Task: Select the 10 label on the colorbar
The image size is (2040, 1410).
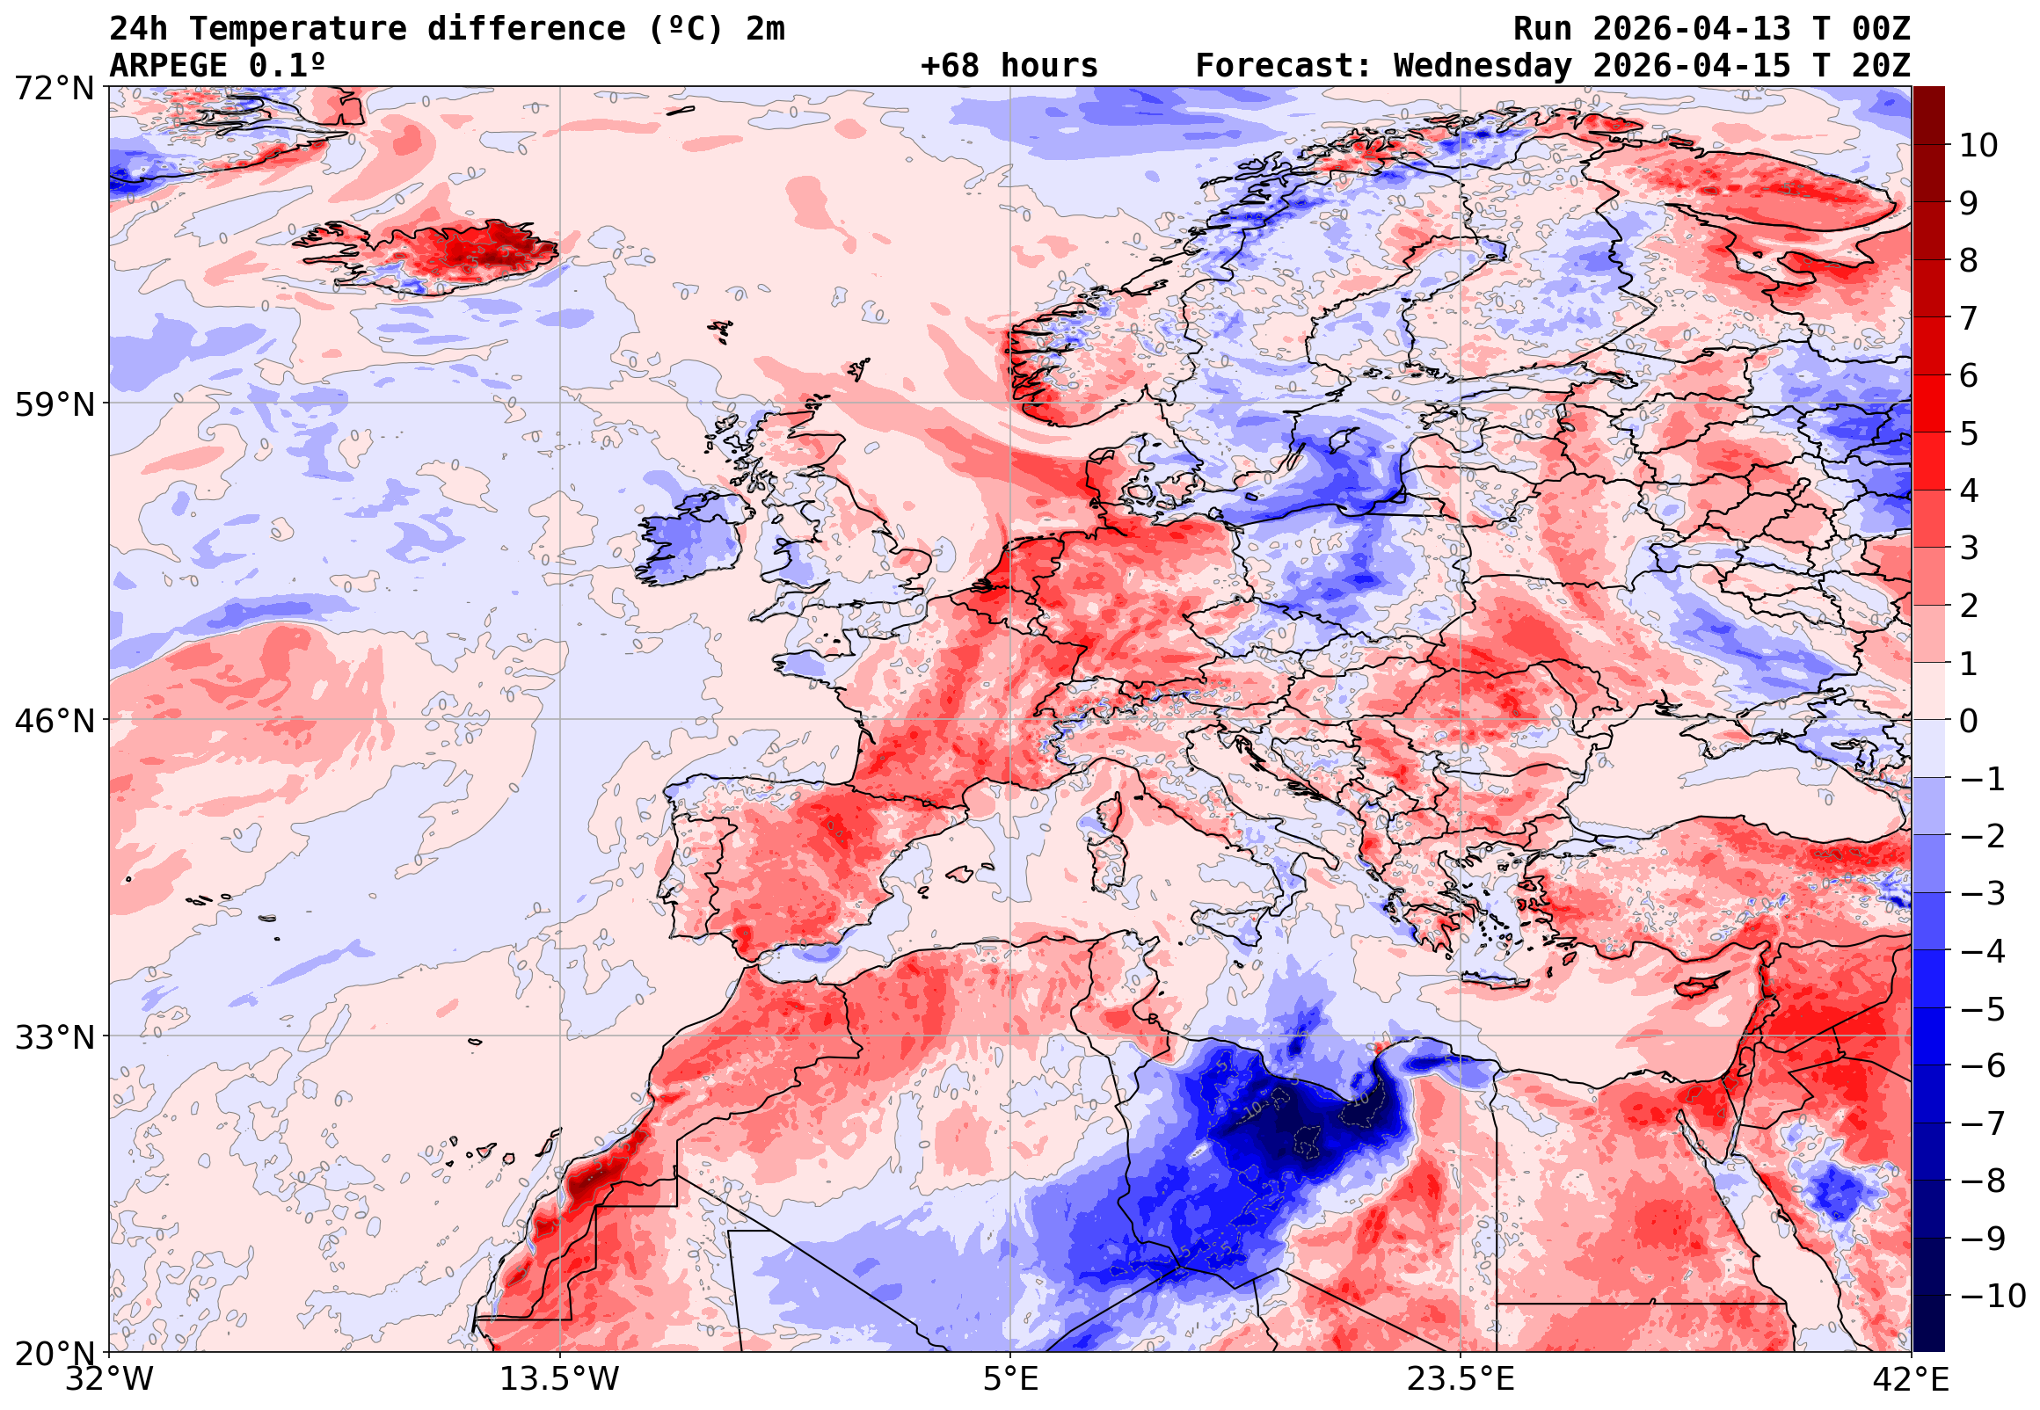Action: [x=1978, y=146]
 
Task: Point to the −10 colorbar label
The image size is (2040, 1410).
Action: [x=1993, y=1297]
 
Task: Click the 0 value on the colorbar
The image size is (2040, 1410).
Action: [x=1969, y=722]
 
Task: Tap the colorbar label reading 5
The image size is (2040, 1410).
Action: [x=1969, y=433]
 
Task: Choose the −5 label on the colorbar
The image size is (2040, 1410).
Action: [x=1983, y=1010]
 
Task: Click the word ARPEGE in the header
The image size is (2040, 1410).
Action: [x=168, y=66]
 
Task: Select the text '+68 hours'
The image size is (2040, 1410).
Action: [x=1009, y=66]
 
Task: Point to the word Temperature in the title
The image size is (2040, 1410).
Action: [x=297, y=29]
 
